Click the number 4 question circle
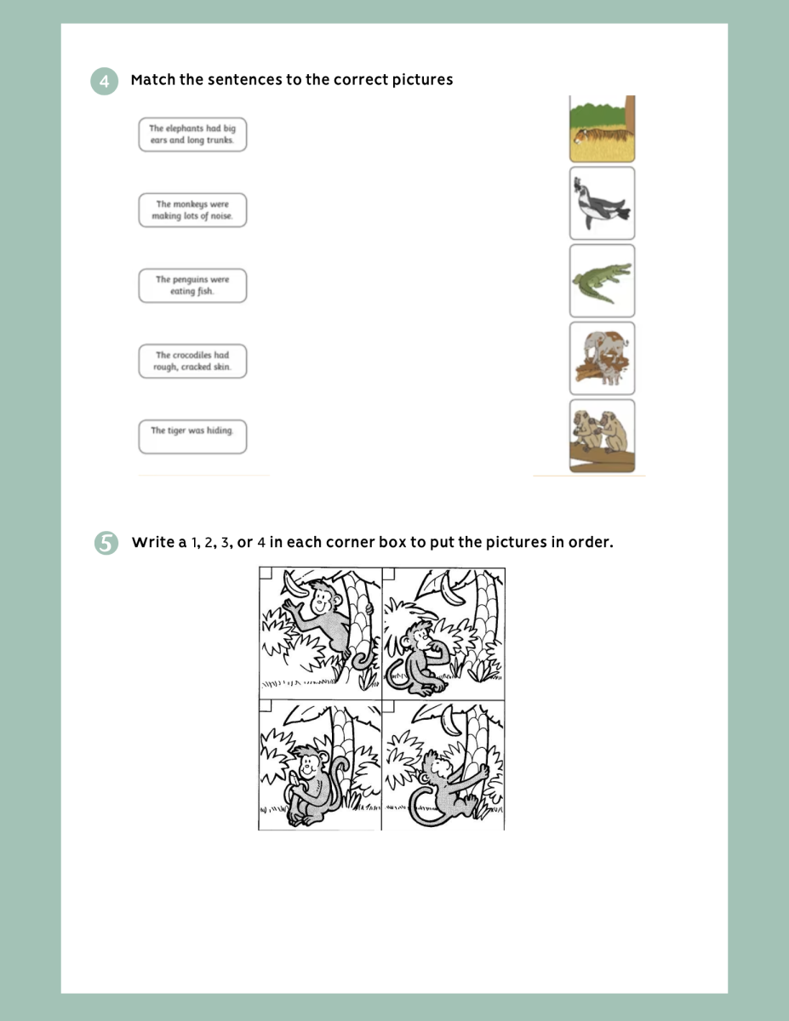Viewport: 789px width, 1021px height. (x=105, y=82)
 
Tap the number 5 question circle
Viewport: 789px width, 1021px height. (x=106, y=543)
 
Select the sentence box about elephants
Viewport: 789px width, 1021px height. (x=192, y=134)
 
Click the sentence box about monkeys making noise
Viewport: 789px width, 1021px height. (x=192, y=210)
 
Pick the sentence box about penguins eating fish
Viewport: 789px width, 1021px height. (x=192, y=286)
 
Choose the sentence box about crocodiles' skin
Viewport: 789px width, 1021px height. (x=192, y=361)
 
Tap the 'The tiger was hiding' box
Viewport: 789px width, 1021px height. (x=192, y=436)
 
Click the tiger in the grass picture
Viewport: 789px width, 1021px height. (x=602, y=128)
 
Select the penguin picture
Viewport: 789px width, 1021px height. (x=602, y=203)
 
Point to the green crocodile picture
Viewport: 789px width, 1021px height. (x=602, y=281)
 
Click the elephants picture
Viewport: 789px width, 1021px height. (x=602, y=358)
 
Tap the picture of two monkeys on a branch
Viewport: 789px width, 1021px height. (x=602, y=436)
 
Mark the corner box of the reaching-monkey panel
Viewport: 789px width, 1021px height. (x=266, y=573)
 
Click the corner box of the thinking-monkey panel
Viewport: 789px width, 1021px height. (x=389, y=573)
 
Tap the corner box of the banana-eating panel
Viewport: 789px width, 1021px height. (x=266, y=705)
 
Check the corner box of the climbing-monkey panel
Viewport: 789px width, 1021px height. (x=389, y=705)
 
